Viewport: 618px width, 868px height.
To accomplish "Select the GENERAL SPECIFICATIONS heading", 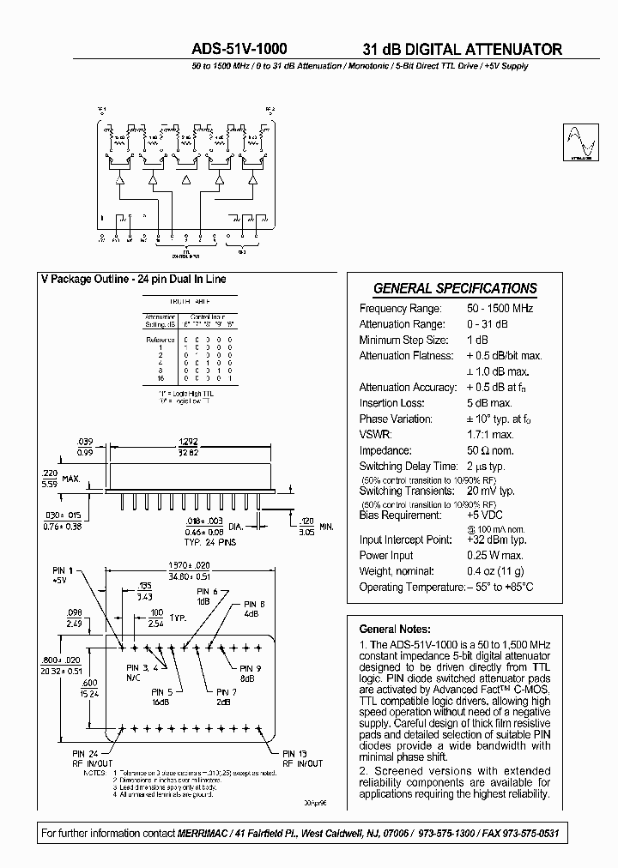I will pos(455,289).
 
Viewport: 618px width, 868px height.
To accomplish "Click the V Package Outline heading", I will pos(133,279).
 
